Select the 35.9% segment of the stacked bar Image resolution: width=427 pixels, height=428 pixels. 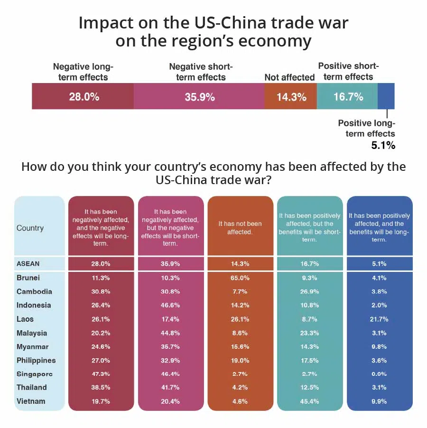point(199,97)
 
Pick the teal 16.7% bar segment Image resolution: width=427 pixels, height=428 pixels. point(348,97)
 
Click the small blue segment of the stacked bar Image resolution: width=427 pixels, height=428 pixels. point(386,97)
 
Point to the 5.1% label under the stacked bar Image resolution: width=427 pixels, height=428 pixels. point(383,146)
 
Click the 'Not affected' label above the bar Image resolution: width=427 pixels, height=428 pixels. point(289,77)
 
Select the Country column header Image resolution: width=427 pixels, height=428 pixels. point(30,228)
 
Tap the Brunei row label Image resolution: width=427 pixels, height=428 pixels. point(28,278)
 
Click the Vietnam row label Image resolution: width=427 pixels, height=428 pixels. point(31,401)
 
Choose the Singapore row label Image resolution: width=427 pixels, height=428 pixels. point(35,374)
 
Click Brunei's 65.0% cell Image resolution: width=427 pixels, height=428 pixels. point(240,278)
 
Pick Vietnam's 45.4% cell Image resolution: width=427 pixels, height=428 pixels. point(309,401)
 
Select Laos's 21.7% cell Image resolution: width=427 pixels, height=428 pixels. point(379,319)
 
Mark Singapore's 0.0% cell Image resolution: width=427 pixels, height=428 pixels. point(379,374)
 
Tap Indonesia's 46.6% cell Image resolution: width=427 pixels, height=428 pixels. point(170,305)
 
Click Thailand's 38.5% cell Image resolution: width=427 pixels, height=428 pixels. point(100,387)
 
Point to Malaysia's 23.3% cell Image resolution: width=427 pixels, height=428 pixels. point(309,333)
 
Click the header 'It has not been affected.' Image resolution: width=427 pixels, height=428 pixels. point(240,228)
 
